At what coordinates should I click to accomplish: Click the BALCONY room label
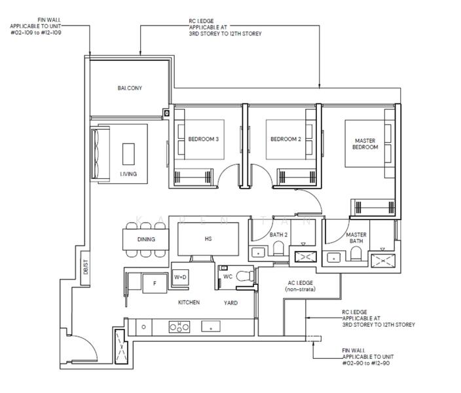pos(130,88)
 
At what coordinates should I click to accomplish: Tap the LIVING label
pos(128,174)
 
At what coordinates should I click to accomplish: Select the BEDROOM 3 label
pos(204,139)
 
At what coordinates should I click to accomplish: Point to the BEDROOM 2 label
pos(286,139)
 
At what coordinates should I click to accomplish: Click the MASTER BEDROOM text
pos(365,144)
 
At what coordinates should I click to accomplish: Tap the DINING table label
pos(146,239)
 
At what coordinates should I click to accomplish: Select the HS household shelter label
pos(208,239)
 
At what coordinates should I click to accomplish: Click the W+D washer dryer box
pos(180,277)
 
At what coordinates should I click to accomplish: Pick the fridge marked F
pos(155,283)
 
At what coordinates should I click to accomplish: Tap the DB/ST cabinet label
pos(86,267)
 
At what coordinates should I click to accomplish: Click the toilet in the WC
pos(245,276)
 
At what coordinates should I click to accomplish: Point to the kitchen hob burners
pos(179,327)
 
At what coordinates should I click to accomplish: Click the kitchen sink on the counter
pos(211,327)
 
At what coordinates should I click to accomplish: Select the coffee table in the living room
pos(128,154)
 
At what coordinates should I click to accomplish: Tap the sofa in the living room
pos(100,154)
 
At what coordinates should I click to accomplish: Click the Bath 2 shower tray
pos(306,257)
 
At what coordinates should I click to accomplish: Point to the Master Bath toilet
pos(356,253)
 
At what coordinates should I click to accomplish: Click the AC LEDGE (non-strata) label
pos(300,286)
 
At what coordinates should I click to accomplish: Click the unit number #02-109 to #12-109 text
pos(36,33)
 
